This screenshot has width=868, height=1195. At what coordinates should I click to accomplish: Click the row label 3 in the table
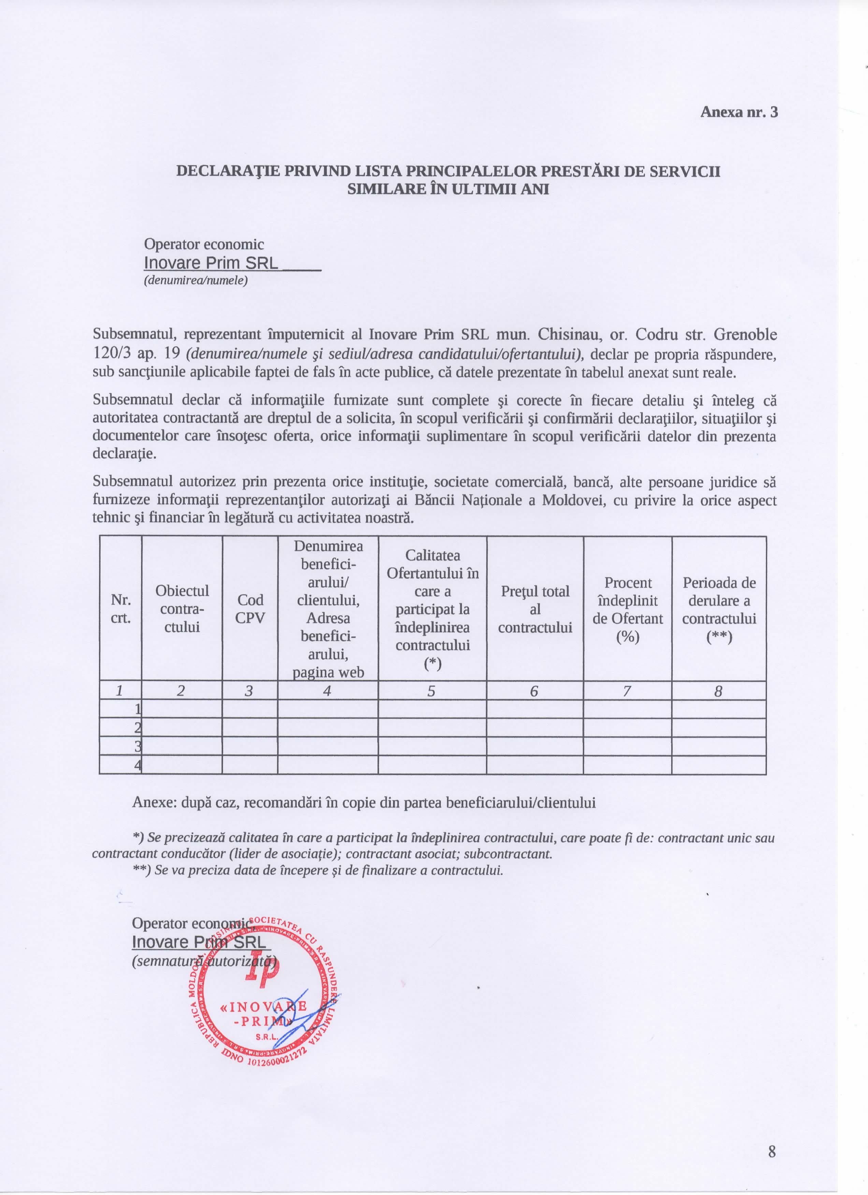coord(138,746)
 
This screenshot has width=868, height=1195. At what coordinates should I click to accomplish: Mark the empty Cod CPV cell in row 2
coord(250,728)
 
